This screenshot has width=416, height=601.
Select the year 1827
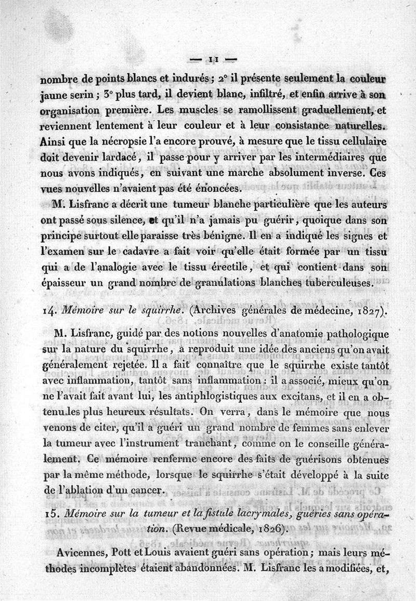[x=366, y=312]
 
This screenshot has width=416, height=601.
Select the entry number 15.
[x=47, y=514]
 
